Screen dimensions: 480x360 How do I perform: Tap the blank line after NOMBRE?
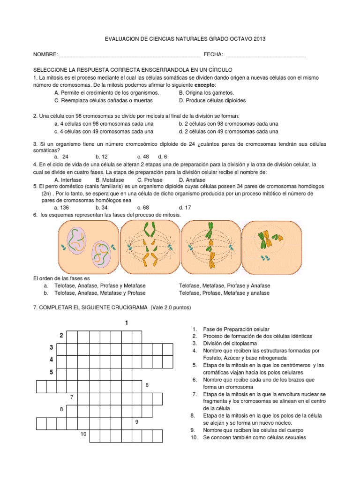(x=130, y=55)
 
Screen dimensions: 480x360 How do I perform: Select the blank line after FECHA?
(x=265, y=55)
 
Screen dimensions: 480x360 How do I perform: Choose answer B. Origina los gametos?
(x=206, y=93)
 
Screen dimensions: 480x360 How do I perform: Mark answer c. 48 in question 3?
(x=143, y=157)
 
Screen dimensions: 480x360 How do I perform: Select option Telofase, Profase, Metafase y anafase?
(x=224, y=293)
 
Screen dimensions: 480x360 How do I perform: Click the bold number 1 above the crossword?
(x=126, y=323)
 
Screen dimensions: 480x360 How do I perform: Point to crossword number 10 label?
(x=83, y=434)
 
